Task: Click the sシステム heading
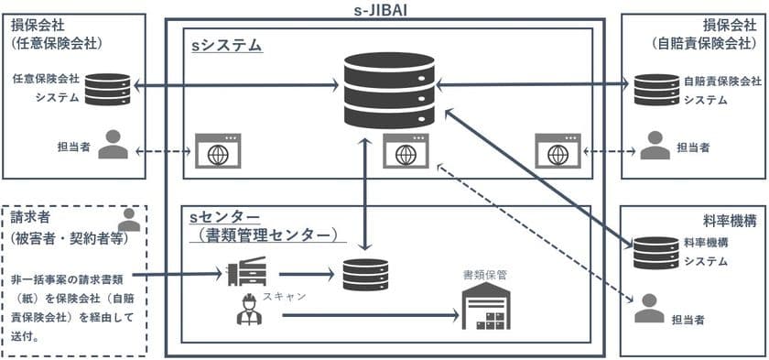[226, 44]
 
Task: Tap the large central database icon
[384, 90]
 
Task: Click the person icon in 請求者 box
[130, 220]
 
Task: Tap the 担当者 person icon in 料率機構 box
[649, 307]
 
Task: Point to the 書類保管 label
[486, 273]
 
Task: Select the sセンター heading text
[224, 217]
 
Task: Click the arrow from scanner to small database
[305, 273]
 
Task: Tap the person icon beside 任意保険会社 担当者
[114, 145]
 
